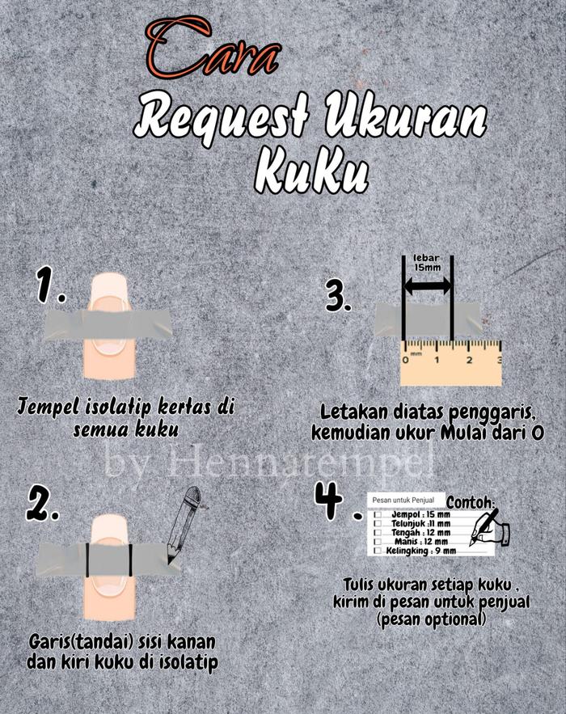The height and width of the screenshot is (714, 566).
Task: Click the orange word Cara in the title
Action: pyautogui.click(x=212, y=49)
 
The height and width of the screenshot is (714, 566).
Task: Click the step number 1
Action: pyautogui.click(x=51, y=285)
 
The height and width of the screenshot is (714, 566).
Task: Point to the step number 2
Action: pyautogui.click(x=42, y=503)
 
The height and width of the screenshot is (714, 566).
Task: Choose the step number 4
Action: pyautogui.click(x=336, y=501)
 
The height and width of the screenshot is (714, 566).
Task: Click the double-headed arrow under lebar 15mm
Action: pyautogui.click(x=428, y=286)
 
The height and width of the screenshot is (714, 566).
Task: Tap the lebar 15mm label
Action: pyautogui.click(x=427, y=263)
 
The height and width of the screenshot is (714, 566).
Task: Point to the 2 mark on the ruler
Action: pyautogui.click(x=469, y=360)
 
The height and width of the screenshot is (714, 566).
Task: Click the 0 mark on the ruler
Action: pyautogui.click(x=405, y=360)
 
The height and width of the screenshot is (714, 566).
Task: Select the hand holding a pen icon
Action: pyautogui.click(x=489, y=527)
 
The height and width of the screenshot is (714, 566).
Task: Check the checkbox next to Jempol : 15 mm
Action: pyautogui.click(x=378, y=514)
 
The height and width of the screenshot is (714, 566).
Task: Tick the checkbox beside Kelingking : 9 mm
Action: pyautogui.click(x=378, y=551)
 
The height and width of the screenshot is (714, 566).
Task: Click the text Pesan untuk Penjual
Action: pyautogui.click(x=403, y=500)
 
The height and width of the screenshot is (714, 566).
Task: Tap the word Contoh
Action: pyautogui.click(x=471, y=503)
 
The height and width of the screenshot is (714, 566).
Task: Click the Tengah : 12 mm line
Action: pyautogui.click(x=420, y=532)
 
